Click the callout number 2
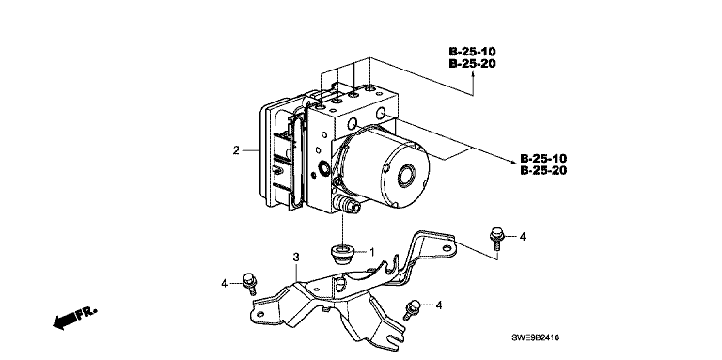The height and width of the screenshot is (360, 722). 236,150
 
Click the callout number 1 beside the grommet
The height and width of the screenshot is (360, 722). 371,252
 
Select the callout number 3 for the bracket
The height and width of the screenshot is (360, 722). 297,257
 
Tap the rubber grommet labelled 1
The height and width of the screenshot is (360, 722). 342,255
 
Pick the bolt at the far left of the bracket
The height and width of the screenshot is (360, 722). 249,283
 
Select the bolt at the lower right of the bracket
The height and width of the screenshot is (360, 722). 411,309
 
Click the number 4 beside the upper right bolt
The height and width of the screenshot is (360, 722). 522,237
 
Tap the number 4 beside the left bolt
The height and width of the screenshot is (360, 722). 225,284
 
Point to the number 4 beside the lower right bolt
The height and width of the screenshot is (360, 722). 438,305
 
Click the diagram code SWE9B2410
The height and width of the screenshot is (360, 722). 535,337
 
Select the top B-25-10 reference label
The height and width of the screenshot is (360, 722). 473,52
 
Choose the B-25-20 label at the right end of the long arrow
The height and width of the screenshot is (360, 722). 543,171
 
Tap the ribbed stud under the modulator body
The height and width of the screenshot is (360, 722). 348,205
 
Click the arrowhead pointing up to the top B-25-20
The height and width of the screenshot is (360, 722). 473,75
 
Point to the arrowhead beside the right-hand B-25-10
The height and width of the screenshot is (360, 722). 512,162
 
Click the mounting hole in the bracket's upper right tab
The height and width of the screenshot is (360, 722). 447,248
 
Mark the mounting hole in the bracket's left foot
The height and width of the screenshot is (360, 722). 260,315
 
